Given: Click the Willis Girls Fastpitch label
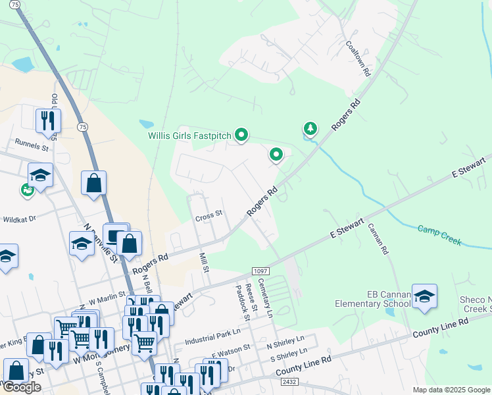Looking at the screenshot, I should coord(189,136).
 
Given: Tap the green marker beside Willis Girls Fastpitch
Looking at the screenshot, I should coord(241,136).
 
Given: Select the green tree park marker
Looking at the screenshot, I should coord(310,128).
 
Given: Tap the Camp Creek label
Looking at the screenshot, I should coord(439,234).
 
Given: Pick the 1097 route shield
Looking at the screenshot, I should coord(260,272).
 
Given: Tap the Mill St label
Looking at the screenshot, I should coord(205,260).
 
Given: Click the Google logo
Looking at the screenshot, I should coord(22,387).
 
